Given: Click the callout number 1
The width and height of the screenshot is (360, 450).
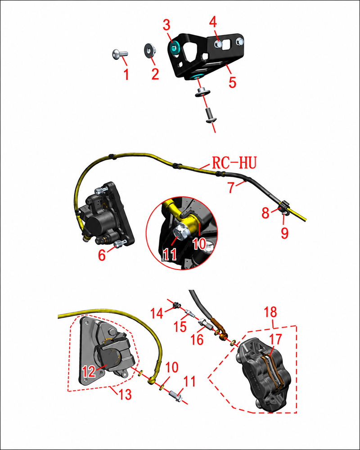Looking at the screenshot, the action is pyautogui.click(x=126, y=74).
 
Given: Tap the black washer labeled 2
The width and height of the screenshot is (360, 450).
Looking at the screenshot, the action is pyautogui.click(x=149, y=50).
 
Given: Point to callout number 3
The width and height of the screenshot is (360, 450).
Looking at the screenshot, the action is pyautogui.click(x=166, y=25).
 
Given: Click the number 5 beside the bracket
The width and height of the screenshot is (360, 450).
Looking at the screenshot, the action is pyautogui.click(x=232, y=82).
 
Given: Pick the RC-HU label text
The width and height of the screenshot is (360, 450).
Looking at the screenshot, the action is pyautogui.click(x=234, y=162).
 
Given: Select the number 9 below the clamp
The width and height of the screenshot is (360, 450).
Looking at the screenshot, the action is pyautogui.click(x=284, y=233).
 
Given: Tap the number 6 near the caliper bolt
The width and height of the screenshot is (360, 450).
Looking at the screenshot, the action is pyautogui.click(x=102, y=255).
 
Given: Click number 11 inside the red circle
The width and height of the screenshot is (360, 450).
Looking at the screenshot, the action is pyautogui.click(x=170, y=254).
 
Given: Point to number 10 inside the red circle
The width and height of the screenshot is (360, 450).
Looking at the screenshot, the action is pyautogui.click(x=199, y=244).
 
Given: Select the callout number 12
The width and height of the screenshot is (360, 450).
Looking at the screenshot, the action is pyautogui.click(x=89, y=372).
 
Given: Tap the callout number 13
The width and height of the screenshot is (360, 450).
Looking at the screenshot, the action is pyautogui.click(x=125, y=395).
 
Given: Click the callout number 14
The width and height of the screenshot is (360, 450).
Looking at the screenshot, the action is pyautogui.click(x=157, y=313).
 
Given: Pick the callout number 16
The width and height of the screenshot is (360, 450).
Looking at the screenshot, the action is pyautogui.click(x=197, y=340).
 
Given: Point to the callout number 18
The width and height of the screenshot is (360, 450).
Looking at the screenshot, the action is pyautogui.click(x=270, y=312).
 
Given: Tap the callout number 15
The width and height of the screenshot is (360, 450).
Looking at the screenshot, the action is pyautogui.click(x=180, y=327).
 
